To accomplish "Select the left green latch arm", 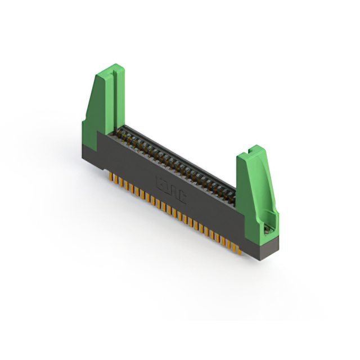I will pos(103,104).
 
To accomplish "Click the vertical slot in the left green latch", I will pos(113,96).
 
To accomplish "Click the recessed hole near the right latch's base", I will pos(268,229).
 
